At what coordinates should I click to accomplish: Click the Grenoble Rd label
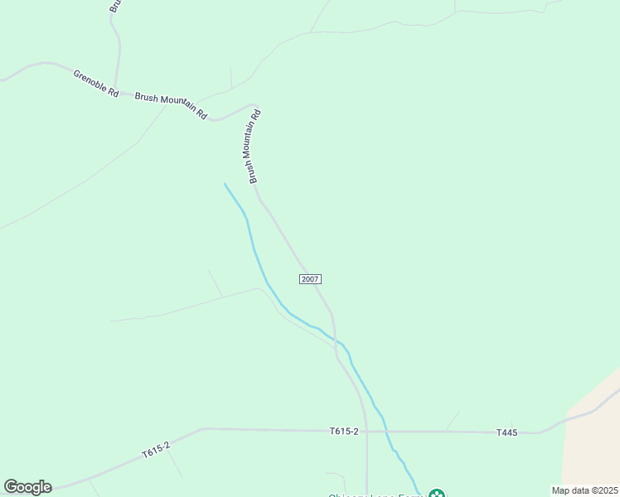tap(96, 82)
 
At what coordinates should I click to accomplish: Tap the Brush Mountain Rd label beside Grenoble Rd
tap(171, 104)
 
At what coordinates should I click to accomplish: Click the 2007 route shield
tap(310, 279)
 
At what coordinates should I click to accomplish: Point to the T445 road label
tap(506, 432)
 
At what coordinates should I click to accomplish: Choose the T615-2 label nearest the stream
tap(344, 431)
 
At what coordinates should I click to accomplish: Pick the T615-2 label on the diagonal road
tap(156, 451)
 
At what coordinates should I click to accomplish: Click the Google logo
tap(27, 487)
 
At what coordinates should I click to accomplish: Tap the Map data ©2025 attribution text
tap(584, 490)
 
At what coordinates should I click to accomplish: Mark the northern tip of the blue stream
tap(225, 184)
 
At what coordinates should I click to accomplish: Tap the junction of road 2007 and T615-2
tap(367, 431)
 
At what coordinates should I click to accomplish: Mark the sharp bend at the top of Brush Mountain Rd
tap(257, 107)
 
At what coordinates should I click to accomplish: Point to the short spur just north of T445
tap(453, 420)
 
